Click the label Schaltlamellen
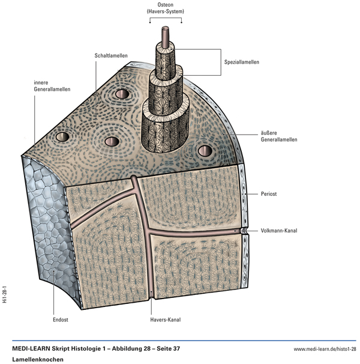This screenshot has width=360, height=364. click(111, 56)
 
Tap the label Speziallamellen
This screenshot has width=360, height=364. click(242, 61)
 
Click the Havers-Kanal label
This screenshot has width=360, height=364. click(165, 320)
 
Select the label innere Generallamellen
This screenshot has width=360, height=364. click(52, 86)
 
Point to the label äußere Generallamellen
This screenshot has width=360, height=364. click(279, 136)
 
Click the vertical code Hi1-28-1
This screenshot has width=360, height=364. click(5, 291)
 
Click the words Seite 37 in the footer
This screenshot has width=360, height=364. click(164, 348)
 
